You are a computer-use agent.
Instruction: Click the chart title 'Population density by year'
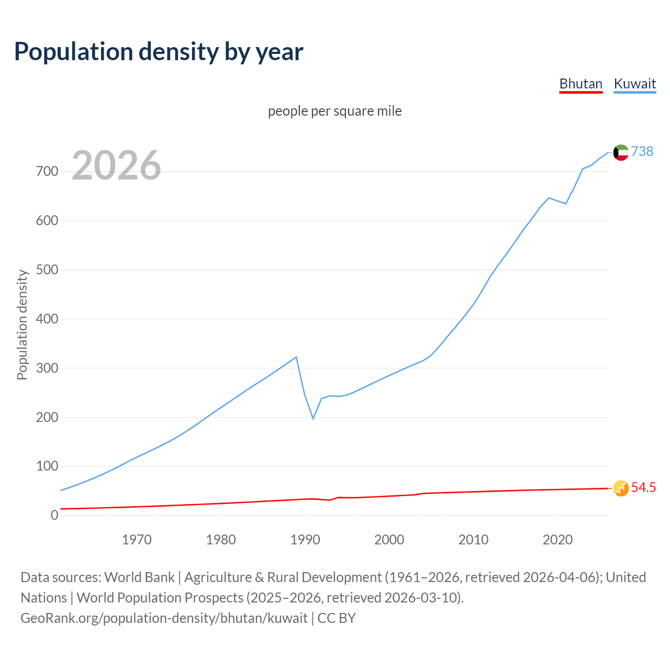[159, 52]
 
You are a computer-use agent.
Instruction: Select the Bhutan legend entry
[580, 84]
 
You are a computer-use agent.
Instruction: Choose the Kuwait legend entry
[634, 84]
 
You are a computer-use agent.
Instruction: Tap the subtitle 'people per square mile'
[334, 111]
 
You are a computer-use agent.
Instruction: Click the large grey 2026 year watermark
[116, 165]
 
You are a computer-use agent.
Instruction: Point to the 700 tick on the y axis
[47, 172]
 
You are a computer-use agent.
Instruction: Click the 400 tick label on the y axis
[47, 319]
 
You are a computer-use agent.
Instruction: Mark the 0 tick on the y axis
[54, 515]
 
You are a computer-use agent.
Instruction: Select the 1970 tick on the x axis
[137, 540]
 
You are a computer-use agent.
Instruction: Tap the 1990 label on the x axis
[305, 540]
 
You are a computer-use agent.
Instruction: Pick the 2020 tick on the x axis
[557, 540]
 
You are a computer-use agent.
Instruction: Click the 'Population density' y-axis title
[22, 325]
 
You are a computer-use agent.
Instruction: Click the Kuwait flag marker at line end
[621, 152]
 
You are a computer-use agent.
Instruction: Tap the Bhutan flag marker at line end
[621, 488]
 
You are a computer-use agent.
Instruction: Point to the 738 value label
[642, 151]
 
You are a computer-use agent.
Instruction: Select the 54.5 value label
[643, 488]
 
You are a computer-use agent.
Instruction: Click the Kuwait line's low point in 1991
[313, 418]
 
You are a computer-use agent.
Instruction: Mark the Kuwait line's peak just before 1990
[296, 357]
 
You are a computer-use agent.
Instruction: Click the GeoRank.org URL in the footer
[164, 618]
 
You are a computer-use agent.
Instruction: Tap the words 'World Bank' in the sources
[139, 577]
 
